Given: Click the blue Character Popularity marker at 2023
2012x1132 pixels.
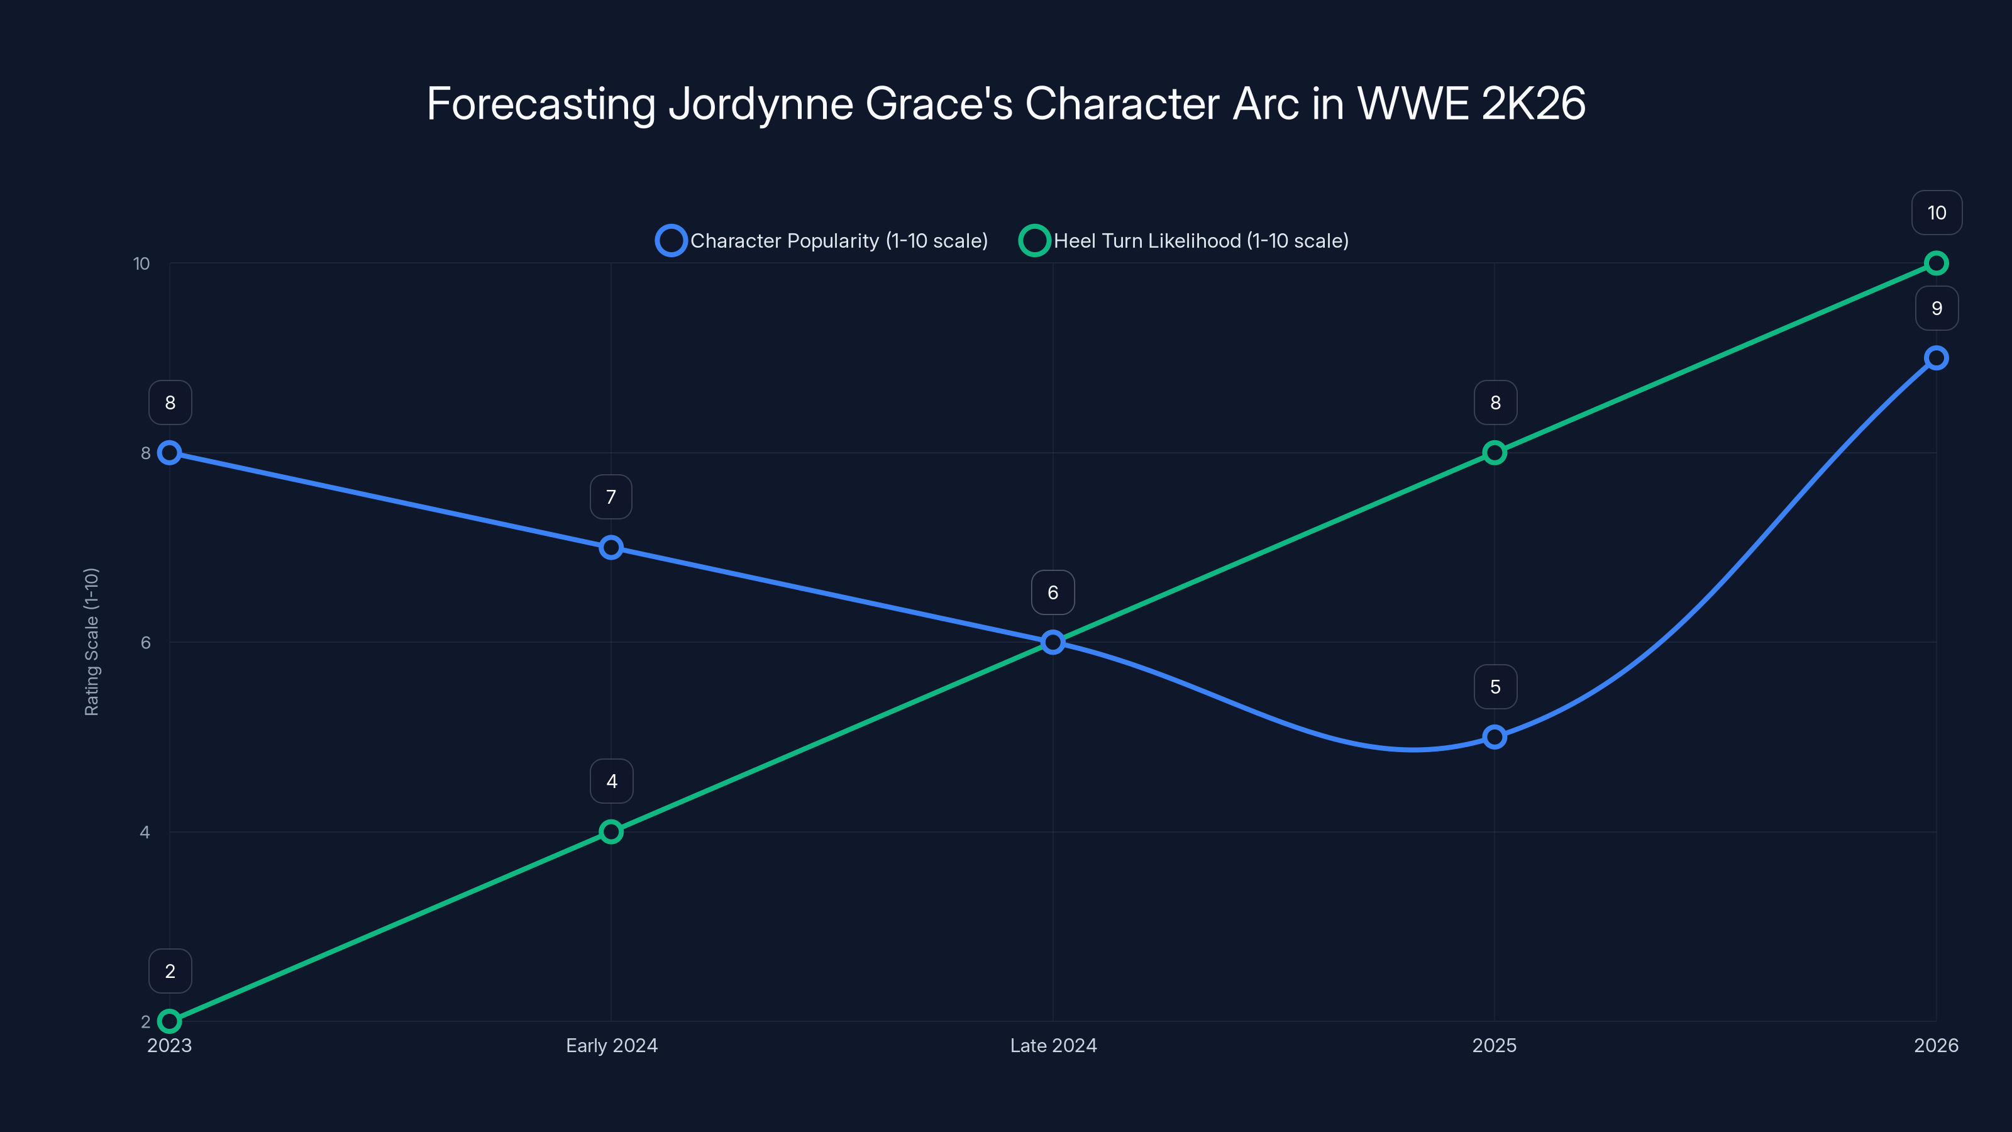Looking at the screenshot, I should pos(170,452).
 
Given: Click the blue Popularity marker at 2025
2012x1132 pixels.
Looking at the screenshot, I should pos(1494,736).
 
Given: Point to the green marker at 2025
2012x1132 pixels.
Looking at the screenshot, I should pos(1494,452).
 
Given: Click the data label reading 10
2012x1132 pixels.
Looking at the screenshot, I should pos(1937,213).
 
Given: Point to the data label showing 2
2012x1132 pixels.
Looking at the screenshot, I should pos(170,971).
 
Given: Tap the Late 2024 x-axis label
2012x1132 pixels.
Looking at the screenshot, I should pos(1053,1045).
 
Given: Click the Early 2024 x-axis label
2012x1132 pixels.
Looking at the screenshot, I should pos(612,1045).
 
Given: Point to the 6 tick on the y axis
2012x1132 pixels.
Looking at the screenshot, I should pos(145,642).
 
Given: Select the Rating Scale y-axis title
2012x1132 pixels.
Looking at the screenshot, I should pos(91,641).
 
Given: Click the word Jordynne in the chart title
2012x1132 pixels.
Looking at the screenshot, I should pos(761,104).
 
